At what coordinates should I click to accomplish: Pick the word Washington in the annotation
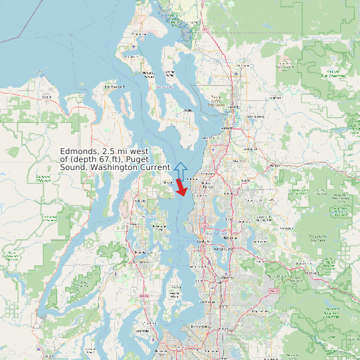point(114,167)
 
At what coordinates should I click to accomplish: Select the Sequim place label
point(46,97)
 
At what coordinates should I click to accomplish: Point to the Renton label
point(228,277)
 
